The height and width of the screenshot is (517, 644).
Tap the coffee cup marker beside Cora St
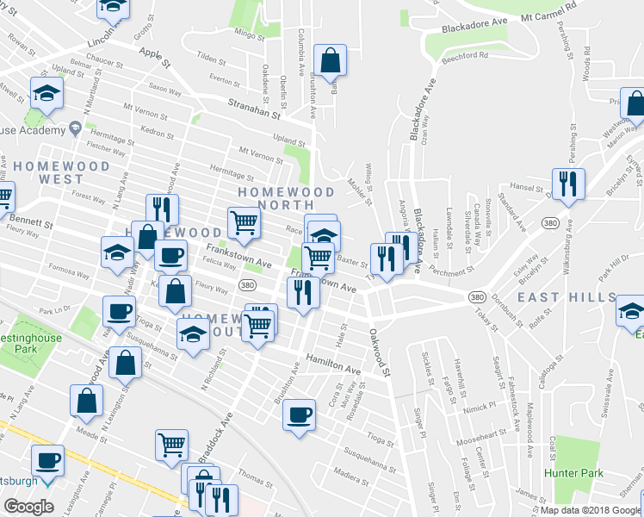(x=299, y=414)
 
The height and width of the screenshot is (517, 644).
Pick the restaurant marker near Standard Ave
(x=568, y=184)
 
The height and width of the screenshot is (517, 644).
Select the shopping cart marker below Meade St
(x=172, y=444)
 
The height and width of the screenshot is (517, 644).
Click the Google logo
(x=28, y=507)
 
